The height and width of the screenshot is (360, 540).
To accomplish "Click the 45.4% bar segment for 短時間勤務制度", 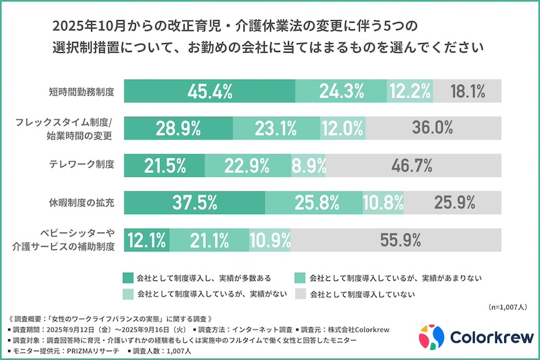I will (210, 90).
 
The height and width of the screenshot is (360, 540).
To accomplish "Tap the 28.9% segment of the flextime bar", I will (179, 127).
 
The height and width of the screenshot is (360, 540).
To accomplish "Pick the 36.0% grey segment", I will (435, 127).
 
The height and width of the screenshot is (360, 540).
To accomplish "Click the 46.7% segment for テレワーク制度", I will (414, 164).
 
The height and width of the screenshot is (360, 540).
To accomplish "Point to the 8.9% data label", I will (309, 164).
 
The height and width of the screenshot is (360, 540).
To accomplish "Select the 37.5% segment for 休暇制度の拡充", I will (194, 201).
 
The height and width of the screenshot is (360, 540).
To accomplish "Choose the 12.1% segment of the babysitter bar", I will (146, 238).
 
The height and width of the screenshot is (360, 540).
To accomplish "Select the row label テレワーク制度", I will (81, 164).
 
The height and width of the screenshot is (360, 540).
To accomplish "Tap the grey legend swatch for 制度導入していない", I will (300, 294).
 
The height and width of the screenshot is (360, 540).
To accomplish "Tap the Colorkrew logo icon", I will (431, 336).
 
